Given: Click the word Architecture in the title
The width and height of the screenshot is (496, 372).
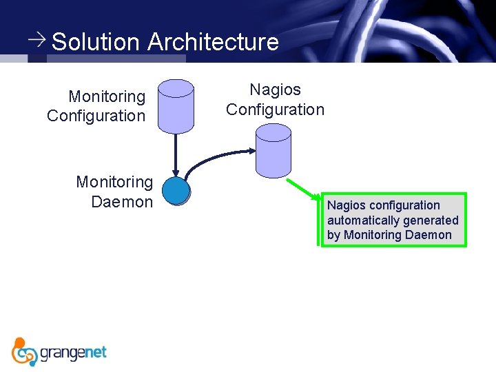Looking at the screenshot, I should pos(213,42).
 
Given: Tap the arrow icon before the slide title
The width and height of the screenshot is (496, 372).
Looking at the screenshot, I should pos(38,39).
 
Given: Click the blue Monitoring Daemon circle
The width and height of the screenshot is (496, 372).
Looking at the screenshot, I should pos(176,191).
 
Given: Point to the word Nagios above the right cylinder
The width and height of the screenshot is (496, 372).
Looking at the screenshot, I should pos(275,90).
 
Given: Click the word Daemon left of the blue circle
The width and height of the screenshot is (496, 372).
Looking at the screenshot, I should pos(122,202).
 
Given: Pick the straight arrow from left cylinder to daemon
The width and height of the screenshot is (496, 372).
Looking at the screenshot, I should pos(176,155).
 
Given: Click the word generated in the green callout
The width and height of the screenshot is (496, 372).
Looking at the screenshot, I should pos(432,220).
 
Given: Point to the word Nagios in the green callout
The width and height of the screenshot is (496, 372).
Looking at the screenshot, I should pos(347,205).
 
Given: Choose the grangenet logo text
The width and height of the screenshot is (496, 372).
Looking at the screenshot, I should pos(74,353).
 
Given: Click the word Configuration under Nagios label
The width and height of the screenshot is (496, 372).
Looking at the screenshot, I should pos(275,110).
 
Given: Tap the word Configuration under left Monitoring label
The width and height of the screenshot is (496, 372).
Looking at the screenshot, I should pos(96,116).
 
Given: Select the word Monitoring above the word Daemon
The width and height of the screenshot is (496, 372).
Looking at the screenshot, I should pos(114,182).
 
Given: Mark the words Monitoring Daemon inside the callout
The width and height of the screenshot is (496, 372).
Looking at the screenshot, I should pos(397,235).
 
